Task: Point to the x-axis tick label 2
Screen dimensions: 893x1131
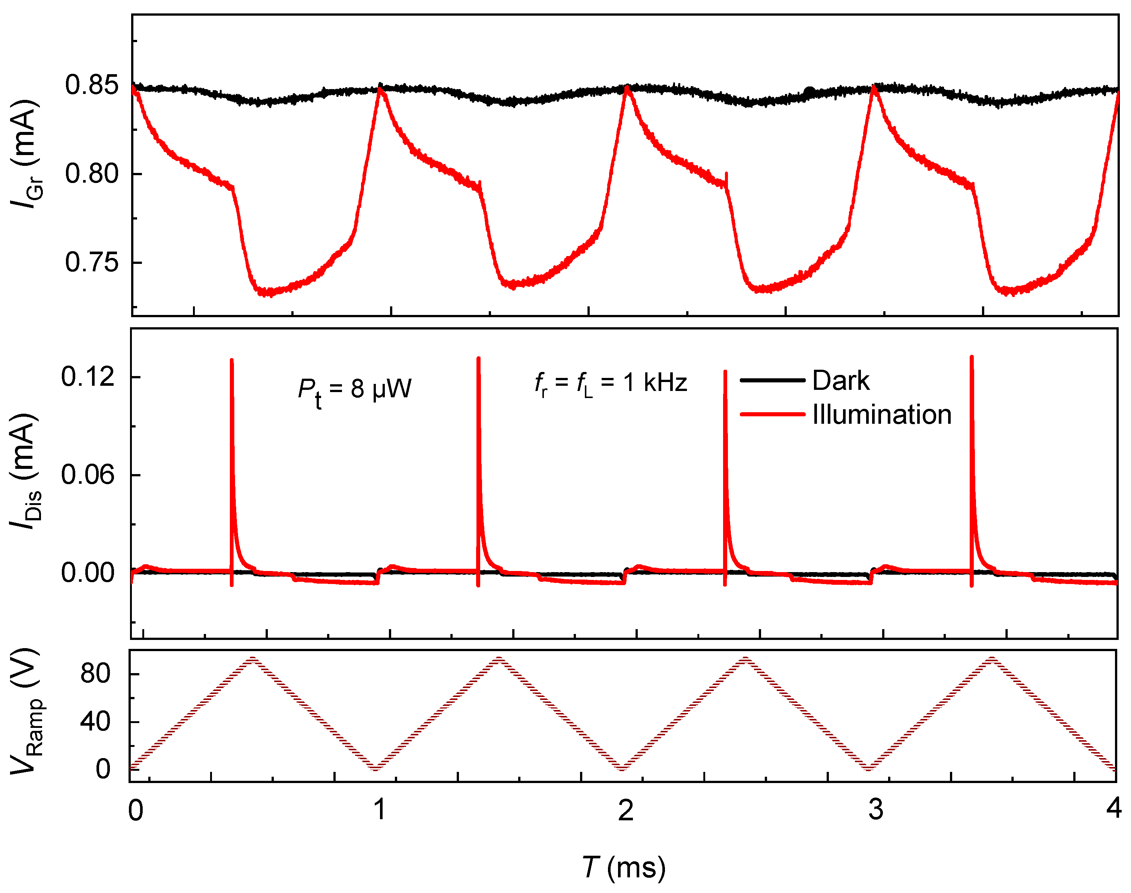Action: pos(625,811)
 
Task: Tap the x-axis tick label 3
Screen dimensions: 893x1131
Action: pos(876,811)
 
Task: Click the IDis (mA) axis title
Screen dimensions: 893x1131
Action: pos(25,471)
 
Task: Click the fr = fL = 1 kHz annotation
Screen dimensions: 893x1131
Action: pos(610,383)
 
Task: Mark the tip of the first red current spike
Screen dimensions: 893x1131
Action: pos(232,361)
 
